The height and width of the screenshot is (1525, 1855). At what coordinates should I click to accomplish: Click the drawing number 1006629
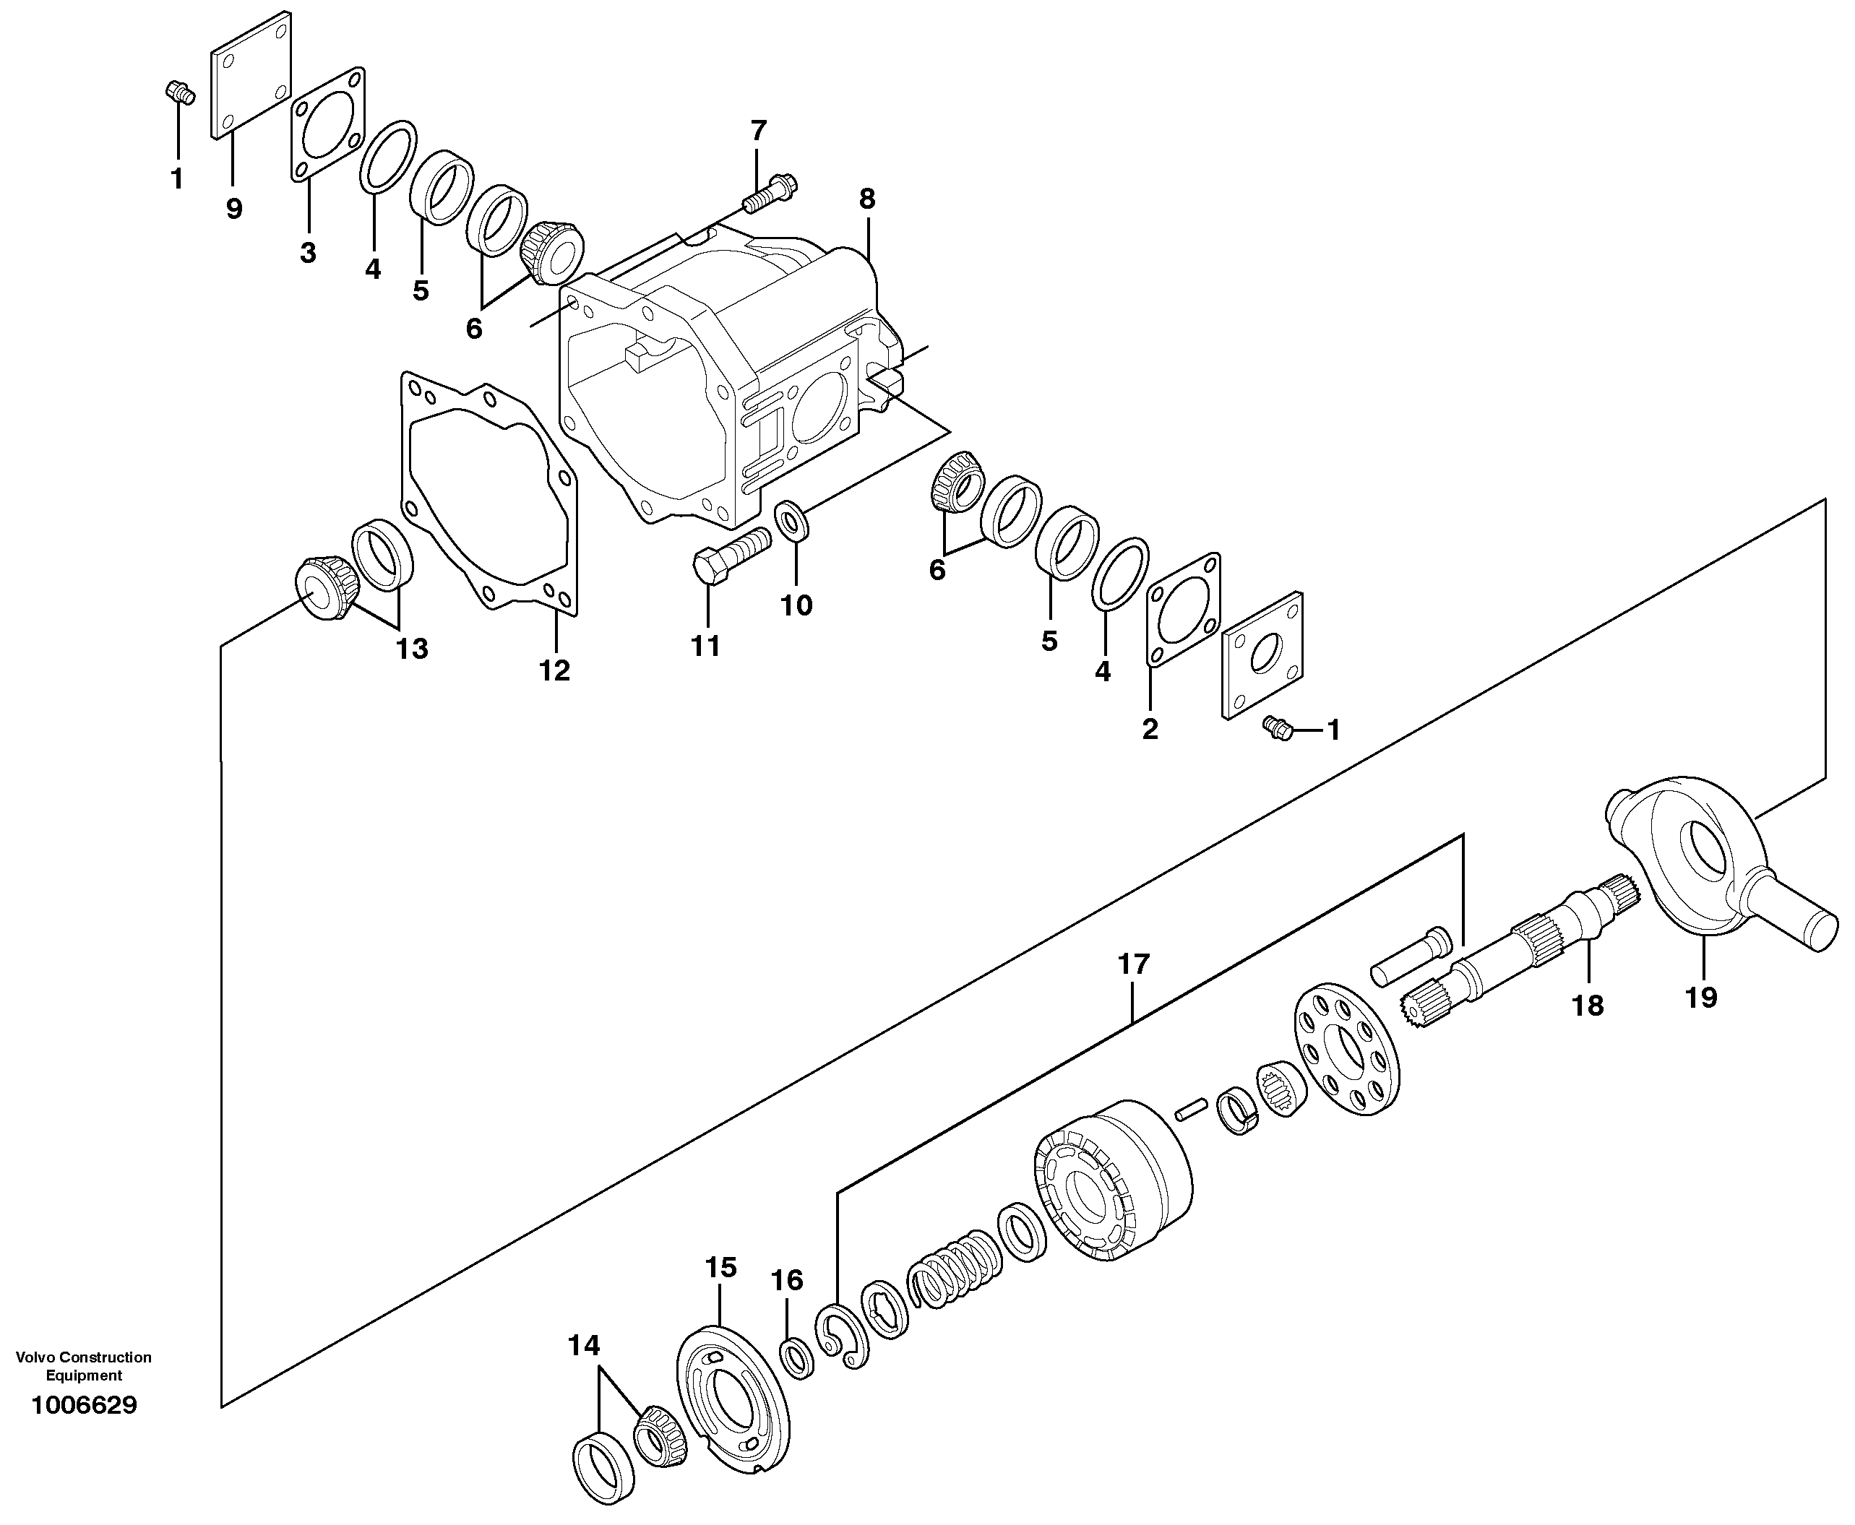[84, 1404]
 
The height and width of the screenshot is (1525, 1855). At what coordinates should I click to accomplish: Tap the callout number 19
[1700, 997]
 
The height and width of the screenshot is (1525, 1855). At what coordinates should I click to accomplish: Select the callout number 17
[1132, 964]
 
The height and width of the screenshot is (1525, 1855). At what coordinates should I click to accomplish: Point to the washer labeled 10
[793, 521]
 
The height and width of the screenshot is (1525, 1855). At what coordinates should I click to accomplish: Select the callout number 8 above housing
[866, 199]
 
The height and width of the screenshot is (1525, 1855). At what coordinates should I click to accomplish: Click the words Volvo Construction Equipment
[84, 1366]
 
